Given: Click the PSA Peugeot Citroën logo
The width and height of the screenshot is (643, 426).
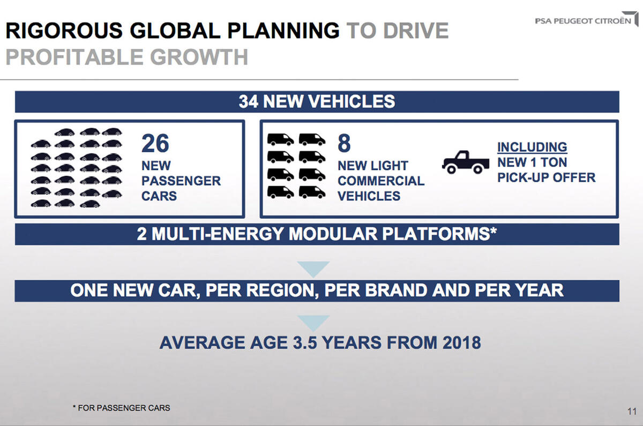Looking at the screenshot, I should pos(586,21).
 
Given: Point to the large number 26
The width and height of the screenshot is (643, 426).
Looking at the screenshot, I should pos(155,144).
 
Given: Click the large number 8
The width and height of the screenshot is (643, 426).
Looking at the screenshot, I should pos(344,144).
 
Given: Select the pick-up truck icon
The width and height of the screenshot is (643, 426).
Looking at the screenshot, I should pos(466,162).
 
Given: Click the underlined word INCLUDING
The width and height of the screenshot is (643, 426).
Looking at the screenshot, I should pos(532,147).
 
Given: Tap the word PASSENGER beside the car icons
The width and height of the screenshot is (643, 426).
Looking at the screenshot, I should pos(181,181).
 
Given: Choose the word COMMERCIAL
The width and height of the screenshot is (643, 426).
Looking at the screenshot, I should pos(380,181).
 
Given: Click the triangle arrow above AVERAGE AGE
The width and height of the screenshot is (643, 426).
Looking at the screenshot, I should pos(313,322).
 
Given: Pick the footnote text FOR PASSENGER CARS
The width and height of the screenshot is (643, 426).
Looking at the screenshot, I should pos(124,408).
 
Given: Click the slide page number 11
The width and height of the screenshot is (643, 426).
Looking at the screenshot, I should pos(631,412).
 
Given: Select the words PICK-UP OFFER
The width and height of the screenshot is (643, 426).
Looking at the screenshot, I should pos(546,177).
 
